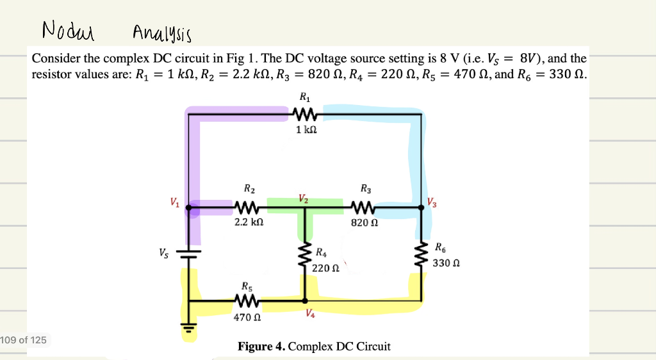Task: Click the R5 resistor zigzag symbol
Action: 247,300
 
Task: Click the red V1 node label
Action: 174,203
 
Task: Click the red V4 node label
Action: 310,313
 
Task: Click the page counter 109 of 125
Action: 24,340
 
